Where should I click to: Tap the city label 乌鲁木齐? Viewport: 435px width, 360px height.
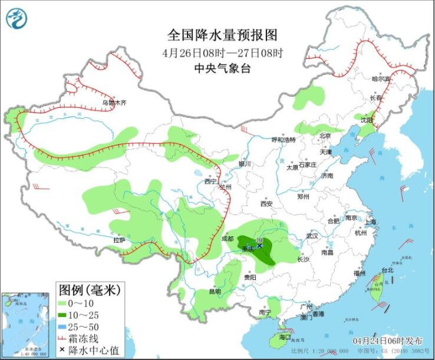(114, 103)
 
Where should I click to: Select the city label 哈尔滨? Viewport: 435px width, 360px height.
(381, 78)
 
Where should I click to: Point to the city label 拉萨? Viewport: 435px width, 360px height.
(119, 240)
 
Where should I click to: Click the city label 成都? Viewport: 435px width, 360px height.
(227, 239)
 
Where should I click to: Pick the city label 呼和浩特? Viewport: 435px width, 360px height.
(283, 140)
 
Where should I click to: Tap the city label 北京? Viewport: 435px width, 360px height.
(325, 136)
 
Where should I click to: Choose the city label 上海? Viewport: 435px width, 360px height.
(370, 222)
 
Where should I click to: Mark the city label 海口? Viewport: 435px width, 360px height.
(285, 338)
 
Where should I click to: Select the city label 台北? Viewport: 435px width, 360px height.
(387, 270)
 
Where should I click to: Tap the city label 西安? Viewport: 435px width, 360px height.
(266, 204)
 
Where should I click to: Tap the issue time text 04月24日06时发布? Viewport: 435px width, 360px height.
(388, 341)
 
